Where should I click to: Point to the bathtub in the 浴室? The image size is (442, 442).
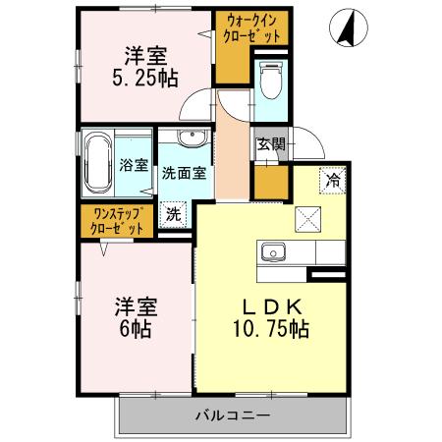(x=97, y=165)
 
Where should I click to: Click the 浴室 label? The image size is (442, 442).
(x=134, y=165)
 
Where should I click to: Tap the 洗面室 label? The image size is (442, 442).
(x=184, y=173)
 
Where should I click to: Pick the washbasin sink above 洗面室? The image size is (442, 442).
(x=191, y=137)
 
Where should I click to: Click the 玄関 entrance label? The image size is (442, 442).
(x=270, y=144)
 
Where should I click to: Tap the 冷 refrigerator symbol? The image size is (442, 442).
(x=333, y=180)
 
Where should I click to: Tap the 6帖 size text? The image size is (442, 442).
(x=135, y=329)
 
